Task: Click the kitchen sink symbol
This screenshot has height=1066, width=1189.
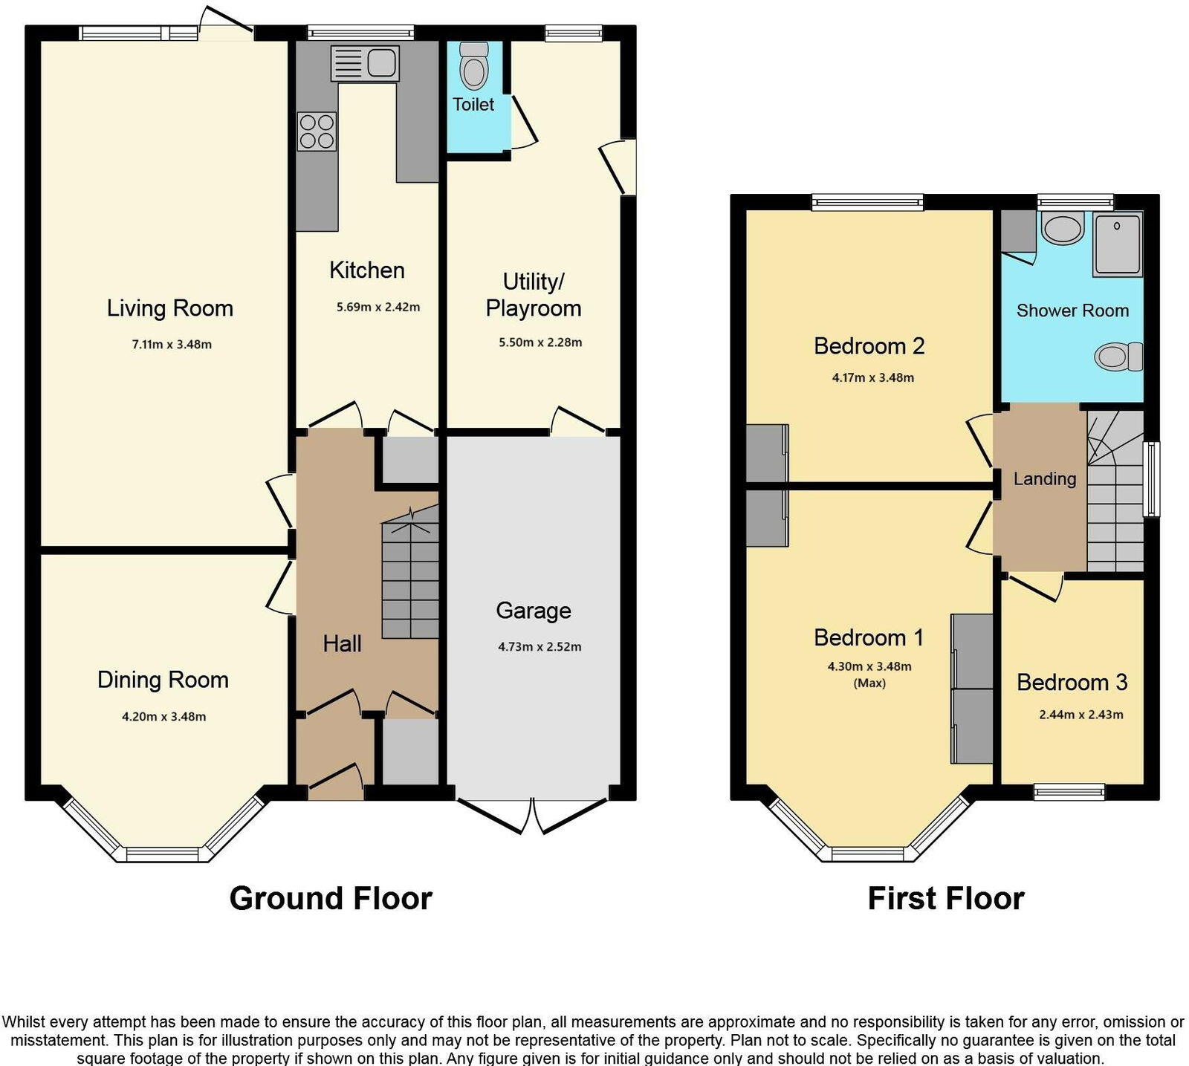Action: pos(365,62)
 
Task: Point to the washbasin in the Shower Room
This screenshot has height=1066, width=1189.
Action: pos(1063,228)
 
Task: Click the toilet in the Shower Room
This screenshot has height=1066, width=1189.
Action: pos(1118,356)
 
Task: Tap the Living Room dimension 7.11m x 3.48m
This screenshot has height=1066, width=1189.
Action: pos(172,345)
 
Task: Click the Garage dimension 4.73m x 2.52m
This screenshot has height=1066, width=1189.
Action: pos(540,647)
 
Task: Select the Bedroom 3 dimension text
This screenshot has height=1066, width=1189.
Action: pos(1081,715)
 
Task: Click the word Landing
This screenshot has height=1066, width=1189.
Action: pos(1044,479)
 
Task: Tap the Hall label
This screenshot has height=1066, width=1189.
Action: pos(342,644)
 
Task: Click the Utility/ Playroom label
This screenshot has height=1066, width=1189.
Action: pos(533,295)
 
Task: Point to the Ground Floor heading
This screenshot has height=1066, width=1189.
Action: pos(331,899)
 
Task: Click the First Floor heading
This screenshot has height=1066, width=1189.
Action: pos(945,899)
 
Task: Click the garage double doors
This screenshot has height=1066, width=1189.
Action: pos(533,815)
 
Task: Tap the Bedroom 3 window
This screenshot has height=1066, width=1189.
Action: pos(1069,792)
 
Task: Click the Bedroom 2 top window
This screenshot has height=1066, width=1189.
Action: pos(867,201)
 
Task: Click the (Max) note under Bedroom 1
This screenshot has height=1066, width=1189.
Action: pos(869,683)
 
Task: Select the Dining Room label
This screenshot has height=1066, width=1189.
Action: pos(163,680)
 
